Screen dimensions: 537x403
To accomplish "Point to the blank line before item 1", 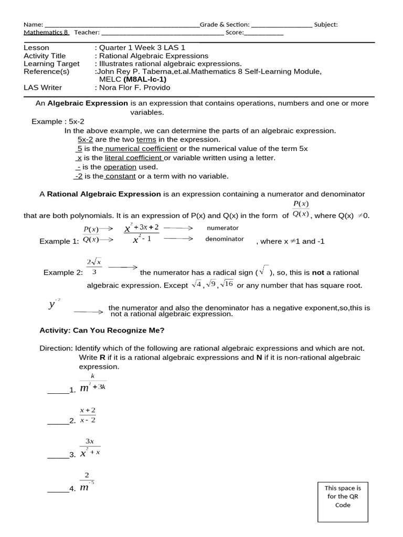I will click(58, 391).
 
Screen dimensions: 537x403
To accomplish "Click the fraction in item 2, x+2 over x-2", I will click(87, 415).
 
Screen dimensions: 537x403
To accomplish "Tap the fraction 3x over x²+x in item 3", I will click(90, 447).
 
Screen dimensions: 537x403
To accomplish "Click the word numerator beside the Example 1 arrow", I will click(222, 228).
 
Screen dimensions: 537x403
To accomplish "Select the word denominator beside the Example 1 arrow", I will click(224, 239).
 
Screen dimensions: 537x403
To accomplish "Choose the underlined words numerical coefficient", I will click(141, 149).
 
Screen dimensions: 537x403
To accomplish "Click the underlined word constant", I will click(121, 176).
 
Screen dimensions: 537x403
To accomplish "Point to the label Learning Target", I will click(51, 63).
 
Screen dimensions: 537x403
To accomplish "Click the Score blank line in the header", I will click(264, 33).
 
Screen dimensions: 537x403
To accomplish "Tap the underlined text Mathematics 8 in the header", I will click(46, 33).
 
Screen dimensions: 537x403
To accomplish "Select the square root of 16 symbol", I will click(227, 284).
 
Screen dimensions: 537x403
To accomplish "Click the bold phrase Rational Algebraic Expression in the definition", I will click(104, 194).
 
